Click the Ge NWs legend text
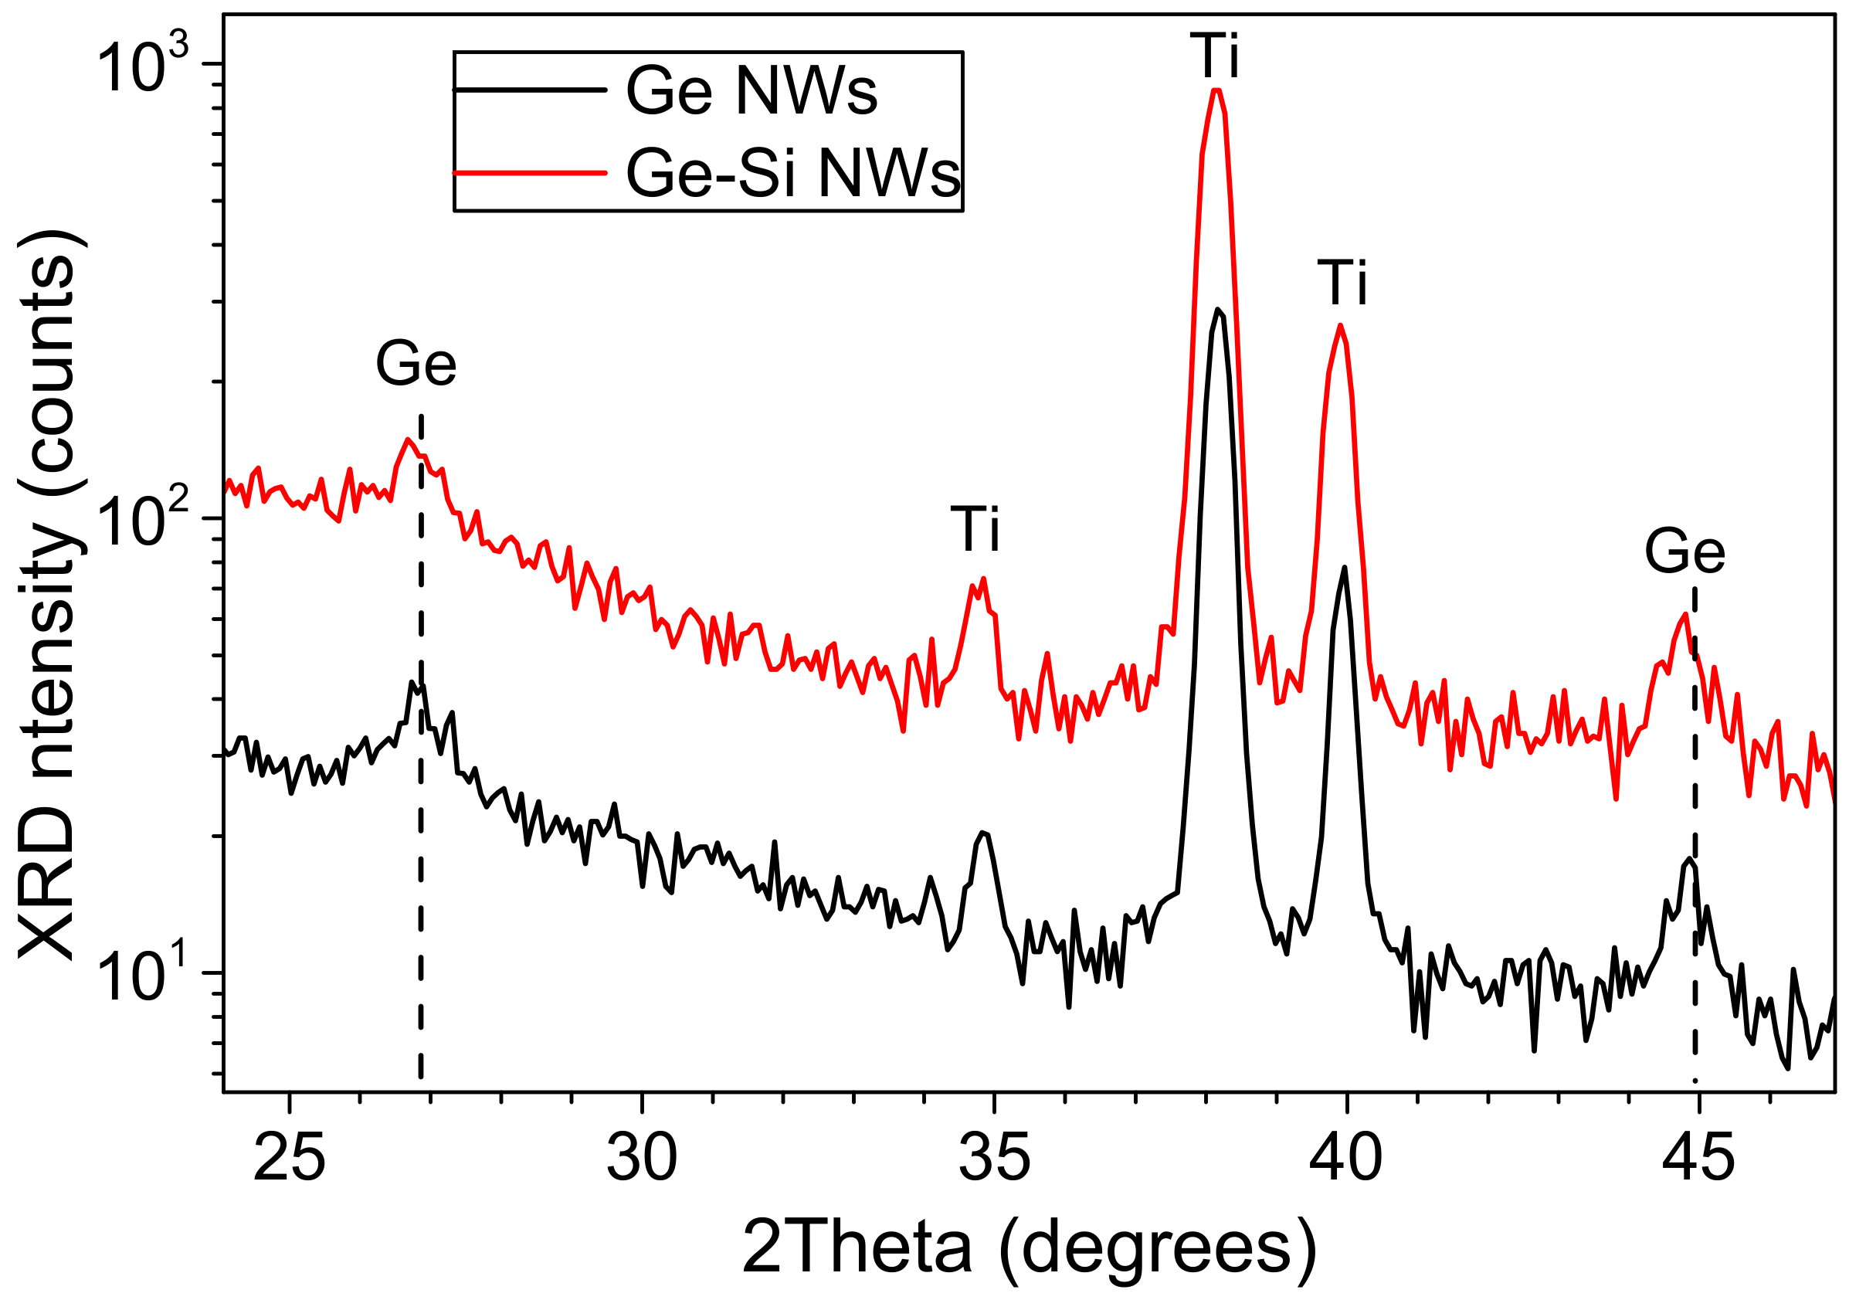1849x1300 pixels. [x=751, y=91]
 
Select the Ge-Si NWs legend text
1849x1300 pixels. [x=792, y=173]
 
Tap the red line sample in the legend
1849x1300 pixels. [x=530, y=172]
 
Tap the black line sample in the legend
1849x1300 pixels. [x=530, y=90]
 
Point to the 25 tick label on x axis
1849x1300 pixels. [x=289, y=1160]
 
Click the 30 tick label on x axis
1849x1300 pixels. [x=642, y=1160]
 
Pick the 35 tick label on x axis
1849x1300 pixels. [x=995, y=1160]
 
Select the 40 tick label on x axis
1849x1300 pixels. [x=1345, y=1160]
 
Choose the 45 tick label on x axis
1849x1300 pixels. [x=1698, y=1160]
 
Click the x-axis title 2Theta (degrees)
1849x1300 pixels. [x=1029, y=1247]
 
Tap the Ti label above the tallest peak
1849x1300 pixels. [x=1215, y=56]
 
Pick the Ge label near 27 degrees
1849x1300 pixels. [x=416, y=364]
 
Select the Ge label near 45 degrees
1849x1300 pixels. [x=1684, y=552]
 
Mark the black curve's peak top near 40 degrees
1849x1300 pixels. [x=1344, y=567]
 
